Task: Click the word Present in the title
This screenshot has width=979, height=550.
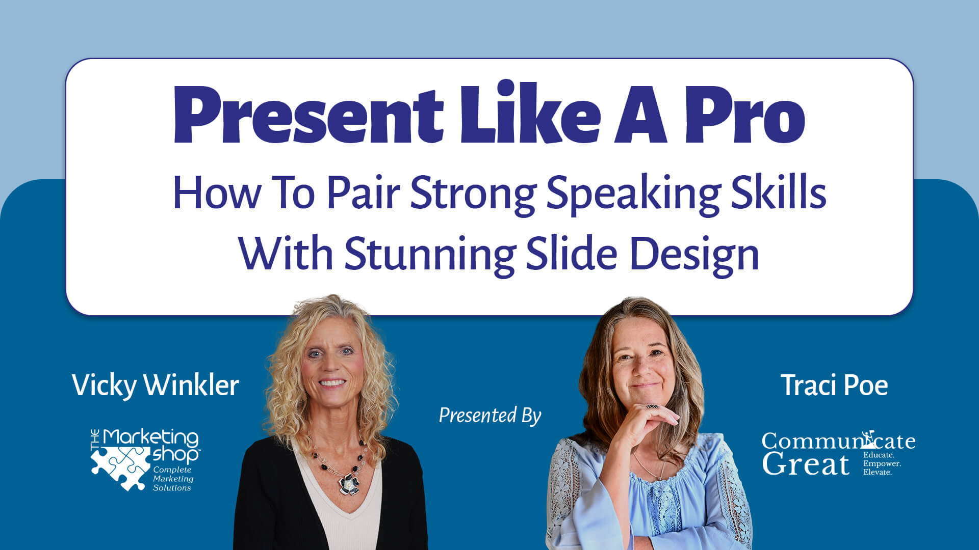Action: [x=308, y=114]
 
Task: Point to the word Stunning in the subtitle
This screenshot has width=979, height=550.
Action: [x=430, y=255]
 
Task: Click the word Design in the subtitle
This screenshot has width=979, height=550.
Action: [x=694, y=255]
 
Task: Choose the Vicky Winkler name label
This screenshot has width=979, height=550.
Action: [x=156, y=385]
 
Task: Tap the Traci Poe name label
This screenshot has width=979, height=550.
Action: [x=834, y=385]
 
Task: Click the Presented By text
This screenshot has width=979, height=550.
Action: [x=489, y=416]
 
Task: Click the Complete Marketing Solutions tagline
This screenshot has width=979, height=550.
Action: [x=173, y=479]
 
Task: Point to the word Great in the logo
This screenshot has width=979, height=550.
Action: [x=806, y=464]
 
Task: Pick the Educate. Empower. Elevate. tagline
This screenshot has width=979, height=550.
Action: [x=882, y=463]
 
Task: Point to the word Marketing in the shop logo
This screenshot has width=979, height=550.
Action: [x=151, y=437]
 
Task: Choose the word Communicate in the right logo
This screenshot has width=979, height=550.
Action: [x=838, y=441]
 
